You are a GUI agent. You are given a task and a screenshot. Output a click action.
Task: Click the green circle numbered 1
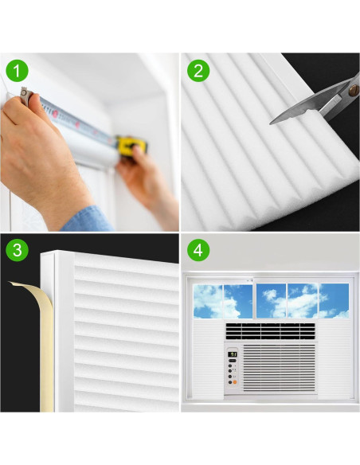(x=17, y=71)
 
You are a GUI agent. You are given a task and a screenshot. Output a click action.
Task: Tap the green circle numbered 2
(x=198, y=71)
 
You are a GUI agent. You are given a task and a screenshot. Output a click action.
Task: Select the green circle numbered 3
(x=17, y=250)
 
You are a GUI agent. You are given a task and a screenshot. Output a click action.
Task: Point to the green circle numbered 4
(x=198, y=250)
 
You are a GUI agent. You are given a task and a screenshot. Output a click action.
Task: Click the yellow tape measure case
(x=131, y=145)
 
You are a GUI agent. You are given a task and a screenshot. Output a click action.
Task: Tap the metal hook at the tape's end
(x=25, y=96)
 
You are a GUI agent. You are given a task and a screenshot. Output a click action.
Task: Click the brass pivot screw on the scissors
(x=353, y=90)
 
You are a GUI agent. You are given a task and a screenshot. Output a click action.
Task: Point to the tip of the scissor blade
(x=270, y=123)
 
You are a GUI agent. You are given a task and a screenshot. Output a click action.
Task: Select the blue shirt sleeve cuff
(x=88, y=220)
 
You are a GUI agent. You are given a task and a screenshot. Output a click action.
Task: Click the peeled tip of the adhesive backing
(x=10, y=283)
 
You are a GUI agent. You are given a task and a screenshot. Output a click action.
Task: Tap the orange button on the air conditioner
(x=235, y=382)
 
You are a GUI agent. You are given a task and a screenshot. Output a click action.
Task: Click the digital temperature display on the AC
(x=233, y=354)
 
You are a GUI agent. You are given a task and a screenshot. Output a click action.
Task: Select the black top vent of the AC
(x=270, y=331)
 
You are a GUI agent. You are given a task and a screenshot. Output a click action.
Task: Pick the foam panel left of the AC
(x=209, y=358)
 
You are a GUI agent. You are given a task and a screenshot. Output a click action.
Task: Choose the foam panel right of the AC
(x=334, y=358)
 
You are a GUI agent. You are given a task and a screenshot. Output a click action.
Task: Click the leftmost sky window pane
(x=208, y=301)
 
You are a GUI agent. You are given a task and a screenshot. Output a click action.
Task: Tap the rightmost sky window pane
(x=334, y=301)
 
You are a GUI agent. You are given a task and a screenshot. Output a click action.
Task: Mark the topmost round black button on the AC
(x=230, y=365)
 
